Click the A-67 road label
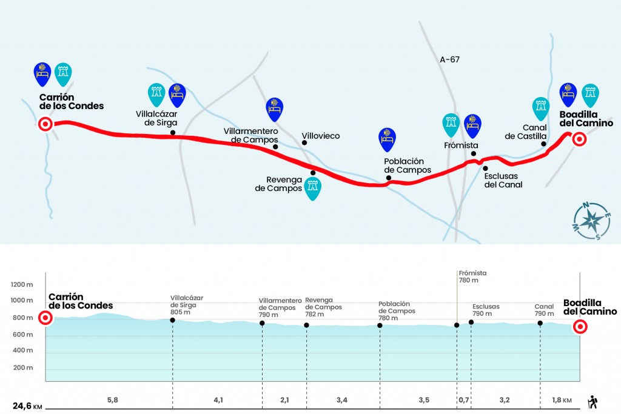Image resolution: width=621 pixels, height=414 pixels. (449, 60)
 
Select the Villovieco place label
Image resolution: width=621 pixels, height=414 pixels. (320, 136)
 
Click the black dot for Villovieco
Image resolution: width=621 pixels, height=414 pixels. (304, 142)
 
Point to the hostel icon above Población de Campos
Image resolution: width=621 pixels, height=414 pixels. (387, 139)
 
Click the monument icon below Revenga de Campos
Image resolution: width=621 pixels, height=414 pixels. (312, 189)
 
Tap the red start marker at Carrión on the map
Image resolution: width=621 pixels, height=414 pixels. (45, 124)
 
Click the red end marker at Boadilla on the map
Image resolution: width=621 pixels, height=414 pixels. (579, 139)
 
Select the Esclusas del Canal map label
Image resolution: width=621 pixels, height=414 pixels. (503, 180)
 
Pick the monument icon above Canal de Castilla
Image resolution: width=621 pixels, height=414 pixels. (540, 109)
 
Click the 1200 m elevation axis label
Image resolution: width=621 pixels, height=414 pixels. (22, 284)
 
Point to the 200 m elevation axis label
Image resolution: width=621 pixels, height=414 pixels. (23, 368)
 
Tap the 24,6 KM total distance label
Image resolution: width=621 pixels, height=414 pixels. (27, 406)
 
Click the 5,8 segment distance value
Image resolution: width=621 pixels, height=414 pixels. (112, 400)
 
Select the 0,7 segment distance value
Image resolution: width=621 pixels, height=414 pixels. (464, 400)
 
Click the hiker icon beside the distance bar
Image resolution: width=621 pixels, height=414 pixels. (592, 402)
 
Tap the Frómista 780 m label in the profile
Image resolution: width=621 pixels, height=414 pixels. (472, 276)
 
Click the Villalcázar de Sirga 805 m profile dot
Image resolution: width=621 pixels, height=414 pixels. (172, 320)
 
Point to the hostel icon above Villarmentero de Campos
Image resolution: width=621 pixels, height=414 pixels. (275, 110)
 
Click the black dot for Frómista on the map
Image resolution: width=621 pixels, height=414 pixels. (473, 153)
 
